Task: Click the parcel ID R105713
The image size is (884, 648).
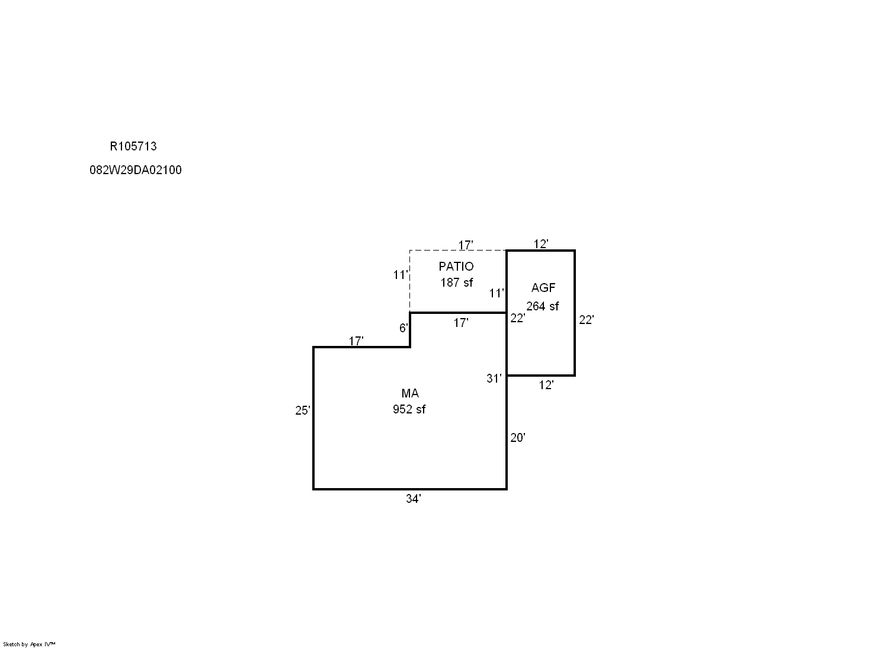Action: pos(133,146)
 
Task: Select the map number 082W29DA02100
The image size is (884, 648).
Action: pos(135,170)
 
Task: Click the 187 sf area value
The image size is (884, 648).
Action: pos(456,283)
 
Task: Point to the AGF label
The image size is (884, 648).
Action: pos(543,288)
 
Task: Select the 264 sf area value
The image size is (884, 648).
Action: pos(542,306)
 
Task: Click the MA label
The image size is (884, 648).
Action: pos(410,393)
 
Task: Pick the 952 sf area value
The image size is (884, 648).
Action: pos(409,409)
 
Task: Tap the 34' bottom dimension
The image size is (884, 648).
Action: pos(413,499)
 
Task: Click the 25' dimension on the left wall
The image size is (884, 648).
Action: pos(303,410)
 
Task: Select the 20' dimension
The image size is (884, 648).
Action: pos(517,438)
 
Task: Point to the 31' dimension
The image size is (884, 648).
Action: pos(494,378)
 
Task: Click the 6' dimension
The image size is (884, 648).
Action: pos(403,328)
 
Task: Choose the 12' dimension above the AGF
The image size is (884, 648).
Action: pos(541,244)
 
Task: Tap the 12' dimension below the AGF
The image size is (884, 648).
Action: pos(546,385)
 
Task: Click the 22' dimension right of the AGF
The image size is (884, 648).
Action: pos(586,320)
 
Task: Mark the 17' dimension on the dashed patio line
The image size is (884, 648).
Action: pos(465,245)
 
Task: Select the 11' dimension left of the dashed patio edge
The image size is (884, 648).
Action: pos(400,275)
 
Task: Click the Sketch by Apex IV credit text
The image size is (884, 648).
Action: pos(29,644)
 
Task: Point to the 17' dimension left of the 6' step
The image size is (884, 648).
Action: pos(356,341)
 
